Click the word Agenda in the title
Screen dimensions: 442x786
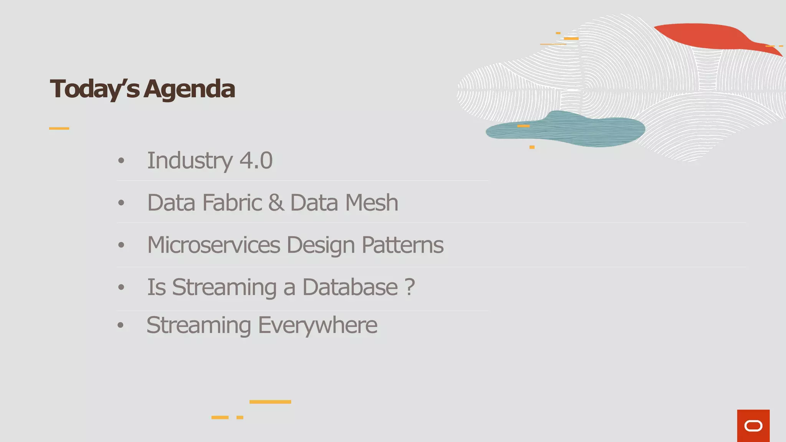click(x=190, y=89)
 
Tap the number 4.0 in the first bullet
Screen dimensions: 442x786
click(x=256, y=160)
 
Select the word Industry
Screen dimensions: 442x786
click(x=190, y=161)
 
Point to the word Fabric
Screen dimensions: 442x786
click(x=232, y=203)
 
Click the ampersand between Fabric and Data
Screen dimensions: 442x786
click(x=276, y=203)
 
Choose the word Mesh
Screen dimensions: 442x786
click(x=372, y=203)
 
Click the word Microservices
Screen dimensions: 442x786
click(x=214, y=245)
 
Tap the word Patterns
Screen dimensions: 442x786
click(x=403, y=245)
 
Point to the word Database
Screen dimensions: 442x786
click(x=350, y=287)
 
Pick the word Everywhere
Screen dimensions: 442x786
click(x=318, y=326)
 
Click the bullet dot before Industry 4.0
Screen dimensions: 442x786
click(x=121, y=161)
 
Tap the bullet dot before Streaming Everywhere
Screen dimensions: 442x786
click(x=121, y=326)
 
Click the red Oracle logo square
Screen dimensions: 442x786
click(x=753, y=426)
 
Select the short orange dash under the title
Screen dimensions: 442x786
click(x=59, y=128)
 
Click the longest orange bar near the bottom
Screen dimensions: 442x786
click(x=270, y=402)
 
